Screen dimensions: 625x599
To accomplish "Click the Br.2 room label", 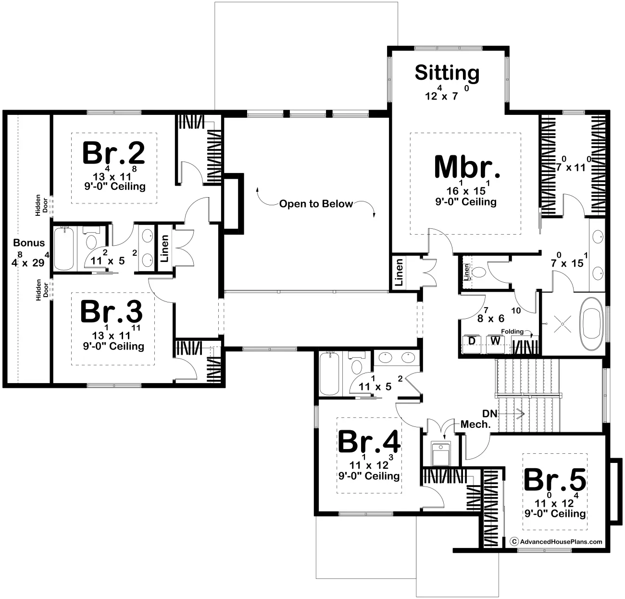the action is click(x=113, y=153).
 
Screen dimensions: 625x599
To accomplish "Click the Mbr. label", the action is click(x=467, y=167).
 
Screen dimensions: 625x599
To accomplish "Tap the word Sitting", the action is click(x=447, y=73).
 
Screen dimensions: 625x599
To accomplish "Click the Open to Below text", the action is click(x=316, y=204).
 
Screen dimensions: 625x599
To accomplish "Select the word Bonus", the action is click(x=29, y=243).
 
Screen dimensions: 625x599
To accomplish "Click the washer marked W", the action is click(x=495, y=344).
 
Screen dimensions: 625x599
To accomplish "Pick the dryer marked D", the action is click(x=471, y=344).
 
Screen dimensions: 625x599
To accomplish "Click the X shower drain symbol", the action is click(x=562, y=324).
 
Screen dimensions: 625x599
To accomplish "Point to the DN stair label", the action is click(x=490, y=414).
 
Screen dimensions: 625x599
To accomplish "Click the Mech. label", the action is click(x=475, y=424).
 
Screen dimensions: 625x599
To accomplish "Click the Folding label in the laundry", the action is click(x=512, y=331).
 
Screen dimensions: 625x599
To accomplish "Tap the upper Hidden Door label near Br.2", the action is click(x=41, y=205).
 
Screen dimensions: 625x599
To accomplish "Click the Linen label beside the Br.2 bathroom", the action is click(x=164, y=248).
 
